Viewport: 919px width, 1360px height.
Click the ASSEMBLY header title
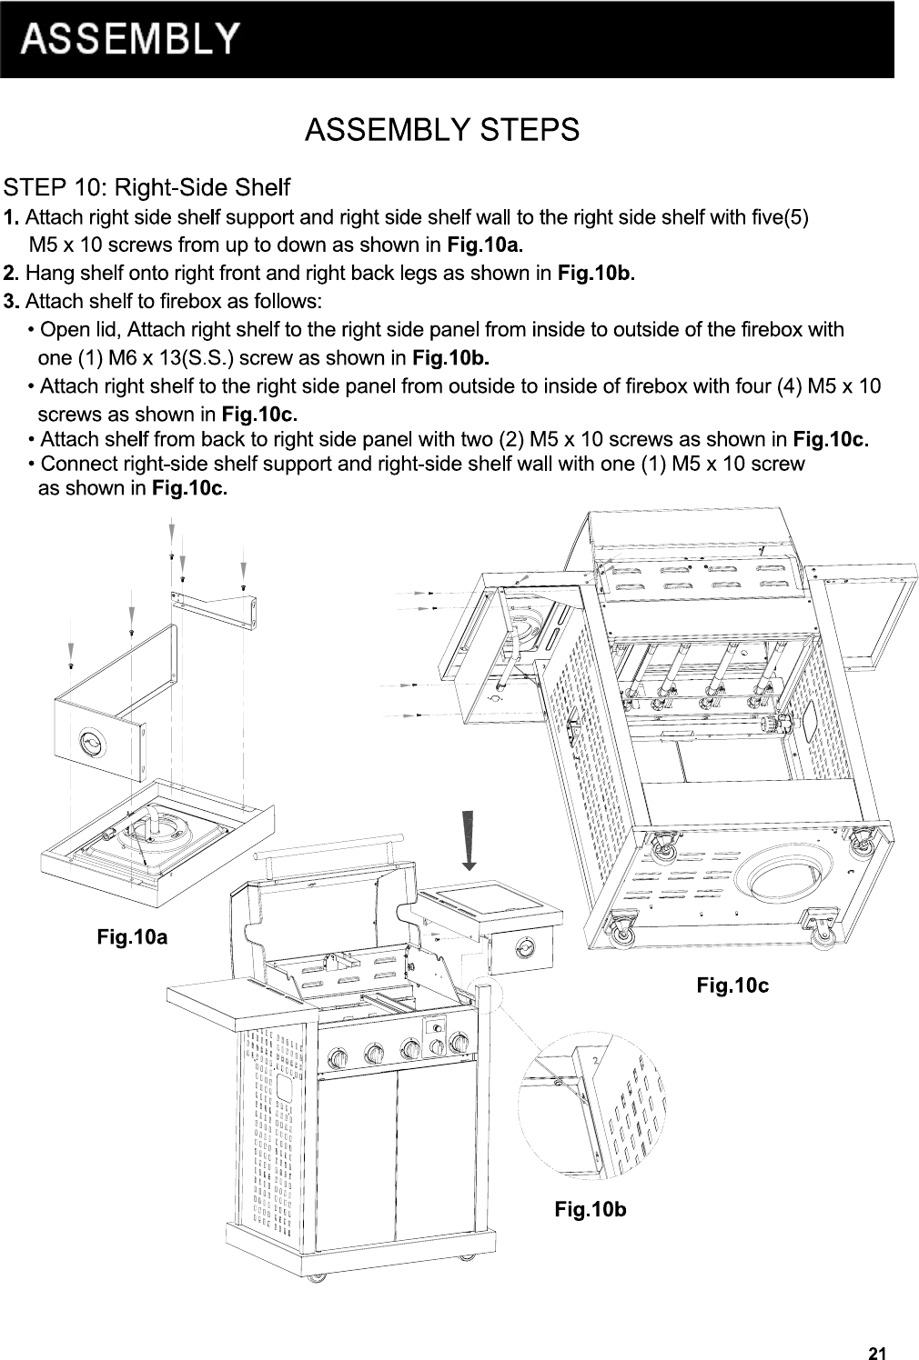pos(132,39)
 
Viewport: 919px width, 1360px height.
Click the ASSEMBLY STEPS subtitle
pos(441,130)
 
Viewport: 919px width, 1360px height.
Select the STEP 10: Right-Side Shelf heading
pos(146,188)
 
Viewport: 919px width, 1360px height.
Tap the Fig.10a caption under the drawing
pos(132,935)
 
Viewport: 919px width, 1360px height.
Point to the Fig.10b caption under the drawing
pos(591,1210)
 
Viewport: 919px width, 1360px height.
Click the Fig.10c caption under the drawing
pos(732,985)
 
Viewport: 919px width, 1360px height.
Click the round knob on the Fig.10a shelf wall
pos(93,743)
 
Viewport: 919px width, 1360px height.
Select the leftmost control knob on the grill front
pos(338,1058)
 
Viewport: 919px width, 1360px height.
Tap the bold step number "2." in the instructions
pos(12,273)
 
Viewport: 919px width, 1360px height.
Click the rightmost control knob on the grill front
pos(459,1043)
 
